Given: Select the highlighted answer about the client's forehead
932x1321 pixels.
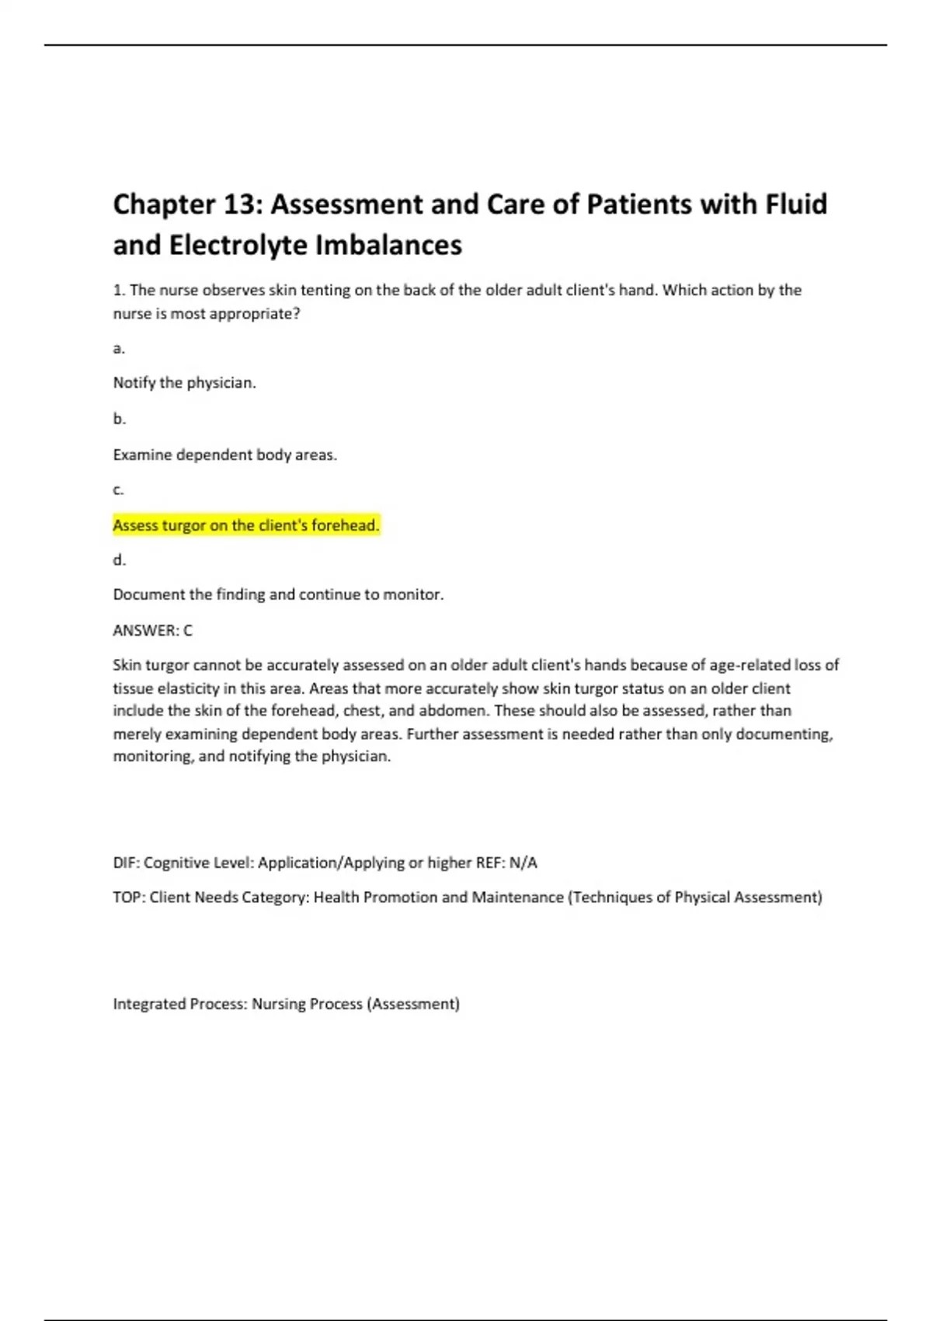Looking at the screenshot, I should point(246,525).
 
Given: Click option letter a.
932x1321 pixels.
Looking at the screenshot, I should point(119,348).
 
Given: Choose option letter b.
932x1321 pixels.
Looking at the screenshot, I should point(119,419).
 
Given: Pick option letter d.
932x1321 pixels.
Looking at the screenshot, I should point(119,560).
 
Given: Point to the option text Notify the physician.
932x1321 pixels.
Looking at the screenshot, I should point(184,383).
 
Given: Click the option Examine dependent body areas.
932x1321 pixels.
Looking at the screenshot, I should point(225,455).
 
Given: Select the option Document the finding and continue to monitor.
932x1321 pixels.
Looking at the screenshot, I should point(278,594).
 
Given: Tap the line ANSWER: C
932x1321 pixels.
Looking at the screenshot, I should point(152,630).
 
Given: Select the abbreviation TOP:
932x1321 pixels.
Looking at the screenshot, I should point(128,898).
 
